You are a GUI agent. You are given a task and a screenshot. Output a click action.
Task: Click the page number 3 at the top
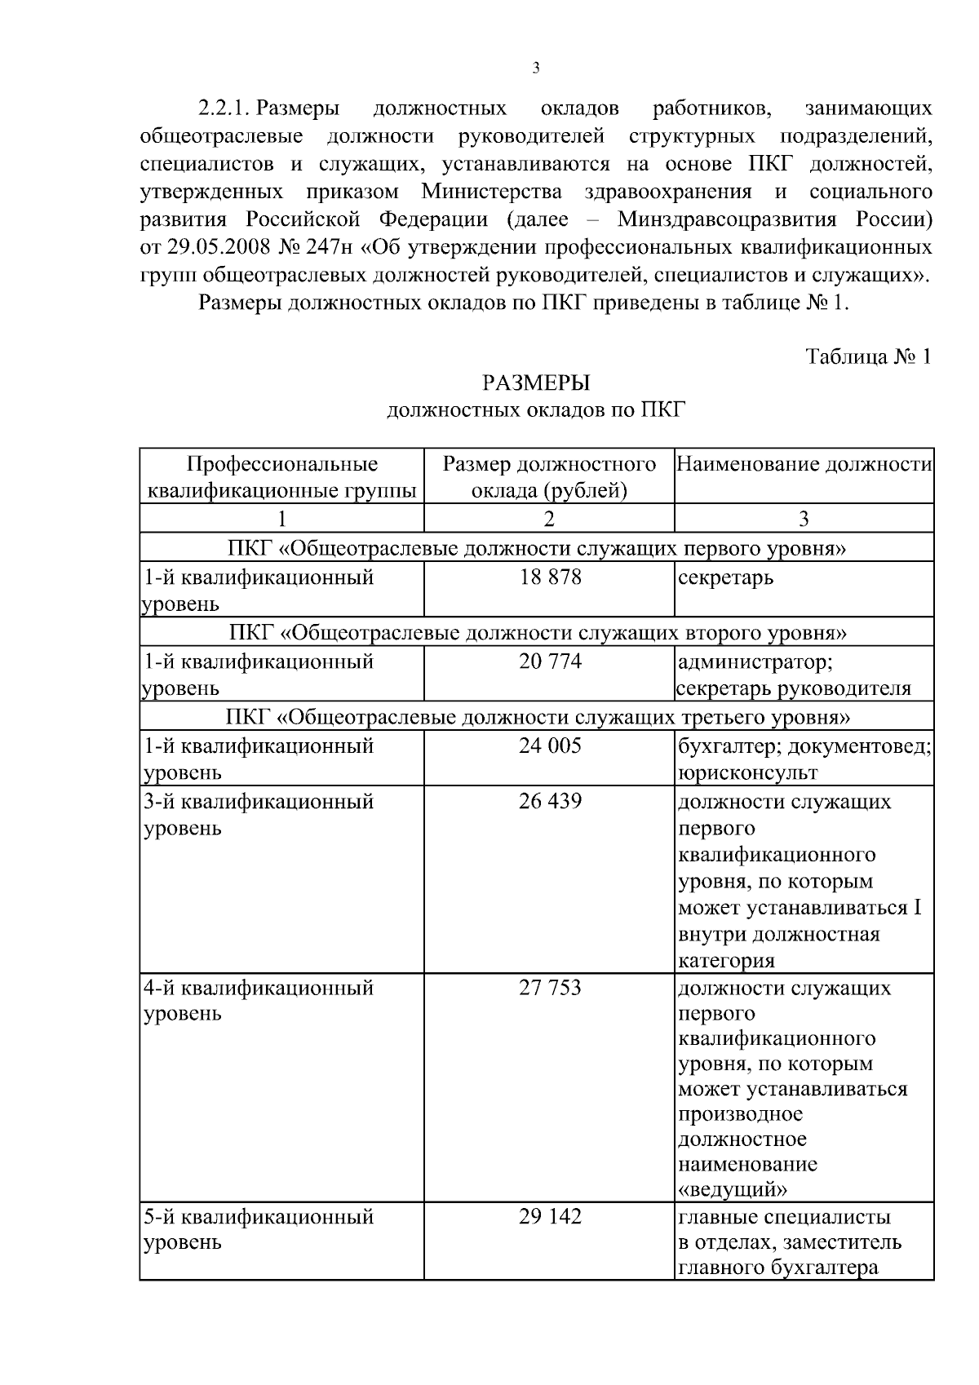click(535, 69)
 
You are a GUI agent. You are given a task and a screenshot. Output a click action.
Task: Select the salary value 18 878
click(550, 577)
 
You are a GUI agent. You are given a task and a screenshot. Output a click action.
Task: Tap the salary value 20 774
click(550, 661)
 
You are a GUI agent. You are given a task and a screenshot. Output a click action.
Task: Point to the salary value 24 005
click(550, 746)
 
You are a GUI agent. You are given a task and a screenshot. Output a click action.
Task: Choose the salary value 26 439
click(550, 801)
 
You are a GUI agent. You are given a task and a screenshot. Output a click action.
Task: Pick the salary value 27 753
click(550, 988)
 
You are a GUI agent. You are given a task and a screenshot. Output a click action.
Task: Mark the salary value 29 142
click(550, 1216)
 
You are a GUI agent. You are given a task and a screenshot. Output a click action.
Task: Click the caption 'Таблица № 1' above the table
click(868, 356)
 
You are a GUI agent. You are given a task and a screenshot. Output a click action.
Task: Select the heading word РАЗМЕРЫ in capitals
click(535, 382)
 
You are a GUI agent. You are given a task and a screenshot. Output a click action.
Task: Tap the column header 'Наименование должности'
click(804, 464)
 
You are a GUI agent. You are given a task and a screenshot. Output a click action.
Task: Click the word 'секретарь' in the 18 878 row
click(725, 578)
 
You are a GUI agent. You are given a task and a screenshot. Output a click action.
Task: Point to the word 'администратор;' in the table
click(755, 662)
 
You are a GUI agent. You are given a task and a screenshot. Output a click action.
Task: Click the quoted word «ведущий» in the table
click(732, 1188)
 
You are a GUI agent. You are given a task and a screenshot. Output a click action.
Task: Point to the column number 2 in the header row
click(549, 519)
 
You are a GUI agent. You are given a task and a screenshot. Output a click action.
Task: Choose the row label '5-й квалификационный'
click(259, 1217)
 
